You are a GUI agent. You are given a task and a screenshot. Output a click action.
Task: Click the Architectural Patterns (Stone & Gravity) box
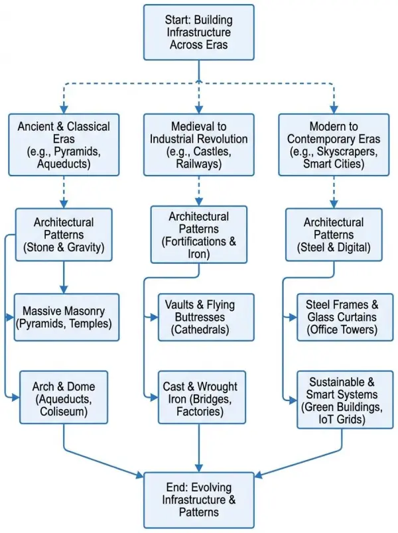point(64,235)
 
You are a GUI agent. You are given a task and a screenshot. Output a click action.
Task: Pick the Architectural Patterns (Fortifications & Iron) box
point(198,235)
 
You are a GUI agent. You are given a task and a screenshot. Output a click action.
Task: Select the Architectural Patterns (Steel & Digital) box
point(334,235)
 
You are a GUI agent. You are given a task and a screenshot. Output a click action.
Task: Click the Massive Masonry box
point(67,317)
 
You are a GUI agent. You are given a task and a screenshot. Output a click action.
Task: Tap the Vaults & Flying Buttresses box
point(206,317)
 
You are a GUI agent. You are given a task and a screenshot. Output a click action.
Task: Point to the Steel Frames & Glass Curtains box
point(341,317)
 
